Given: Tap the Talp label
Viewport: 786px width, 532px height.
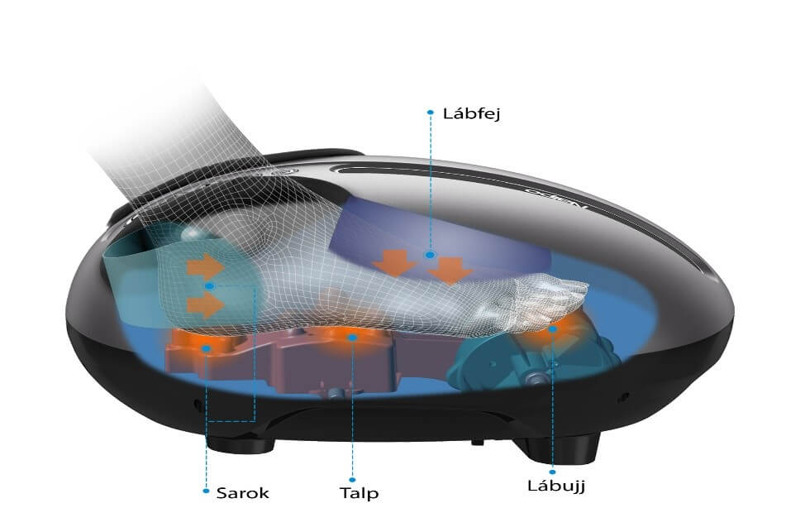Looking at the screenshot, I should click(359, 493).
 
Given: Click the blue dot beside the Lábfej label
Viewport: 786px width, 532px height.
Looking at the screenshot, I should click(430, 113).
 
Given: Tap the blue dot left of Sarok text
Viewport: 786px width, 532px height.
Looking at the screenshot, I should click(206, 491).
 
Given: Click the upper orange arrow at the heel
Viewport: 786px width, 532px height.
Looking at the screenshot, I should click(204, 266).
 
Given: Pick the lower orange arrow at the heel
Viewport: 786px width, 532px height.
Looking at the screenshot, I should click(204, 304).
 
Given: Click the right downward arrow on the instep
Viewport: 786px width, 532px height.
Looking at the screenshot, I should click(451, 270).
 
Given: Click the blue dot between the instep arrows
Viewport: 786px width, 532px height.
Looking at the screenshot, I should click(430, 256).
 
